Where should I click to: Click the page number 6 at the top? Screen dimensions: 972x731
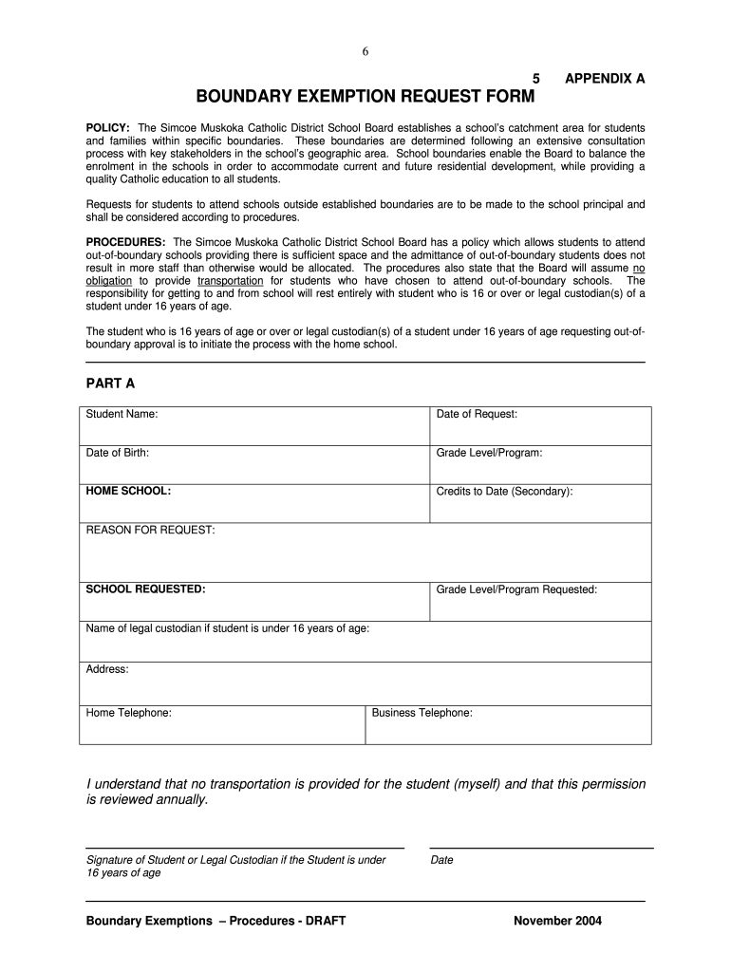point(365,52)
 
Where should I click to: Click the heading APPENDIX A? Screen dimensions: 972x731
point(605,79)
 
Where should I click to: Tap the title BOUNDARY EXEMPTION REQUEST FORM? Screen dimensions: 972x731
point(365,97)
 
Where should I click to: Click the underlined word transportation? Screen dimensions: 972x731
point(231,281)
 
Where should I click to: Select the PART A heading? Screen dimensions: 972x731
point(110,383)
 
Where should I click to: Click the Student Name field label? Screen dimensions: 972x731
point(122,415)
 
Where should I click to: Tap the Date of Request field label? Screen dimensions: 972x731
point(477,415)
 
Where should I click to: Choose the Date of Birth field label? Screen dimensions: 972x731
point(118,453)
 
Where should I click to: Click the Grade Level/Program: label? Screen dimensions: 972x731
point(489,453)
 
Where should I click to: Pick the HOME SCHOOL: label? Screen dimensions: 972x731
point(129,492)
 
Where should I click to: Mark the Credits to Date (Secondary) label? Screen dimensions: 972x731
point(504,492)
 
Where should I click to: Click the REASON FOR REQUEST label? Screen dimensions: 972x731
point(151,530)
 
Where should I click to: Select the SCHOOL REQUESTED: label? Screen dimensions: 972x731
point(146,589)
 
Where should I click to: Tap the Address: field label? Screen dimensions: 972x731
point(107,669)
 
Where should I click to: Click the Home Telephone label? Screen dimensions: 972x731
point(129,712)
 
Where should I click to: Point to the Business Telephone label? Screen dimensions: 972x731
point(422,712)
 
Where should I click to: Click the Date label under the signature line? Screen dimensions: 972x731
point(441,861)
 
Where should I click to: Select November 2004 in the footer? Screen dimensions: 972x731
point(557,921)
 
